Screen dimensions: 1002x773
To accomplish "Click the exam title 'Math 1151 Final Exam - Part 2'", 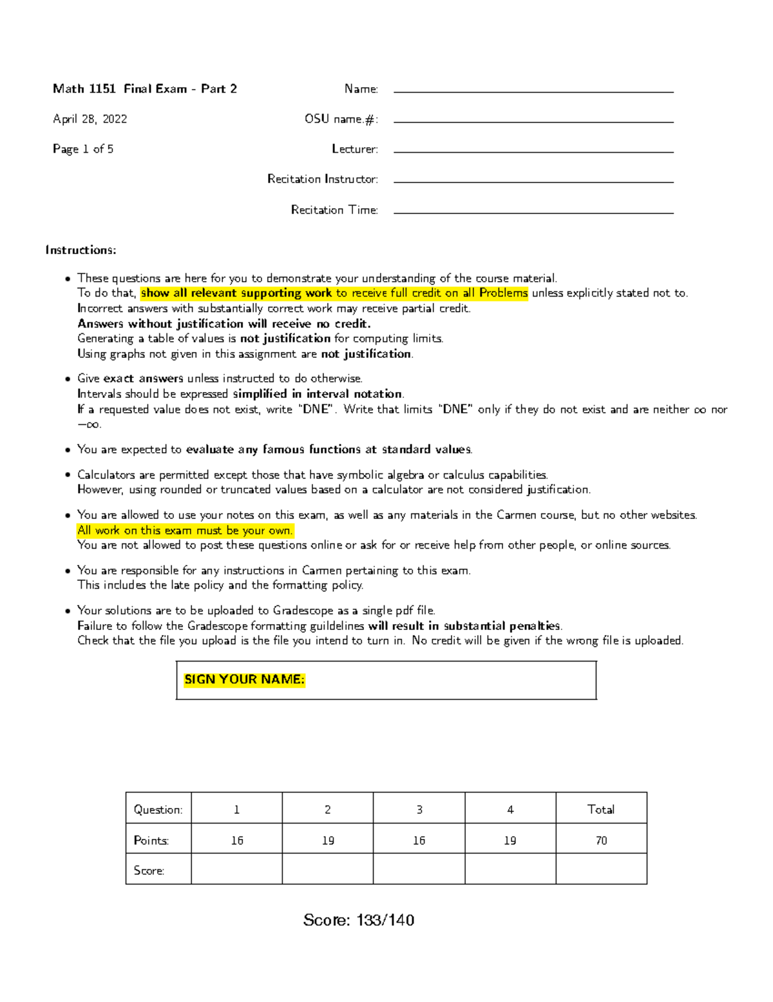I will pos(145,89).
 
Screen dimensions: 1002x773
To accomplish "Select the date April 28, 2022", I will pos(90,119).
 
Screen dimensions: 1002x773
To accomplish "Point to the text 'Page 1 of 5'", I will pos(83,149).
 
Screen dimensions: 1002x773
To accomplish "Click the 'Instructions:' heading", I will pos(81,250).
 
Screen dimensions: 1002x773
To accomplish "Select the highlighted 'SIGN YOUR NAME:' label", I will pos(244,680).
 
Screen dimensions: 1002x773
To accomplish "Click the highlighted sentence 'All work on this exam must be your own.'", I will pos(185,530).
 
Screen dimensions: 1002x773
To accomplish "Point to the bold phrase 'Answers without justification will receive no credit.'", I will pos(224,324).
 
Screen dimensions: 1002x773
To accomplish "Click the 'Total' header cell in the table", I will pos(600,809).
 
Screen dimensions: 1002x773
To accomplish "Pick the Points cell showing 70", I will pos(600,840).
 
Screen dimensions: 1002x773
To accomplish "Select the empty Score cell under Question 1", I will pos(236,869).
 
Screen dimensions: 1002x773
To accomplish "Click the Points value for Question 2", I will pos(328,840).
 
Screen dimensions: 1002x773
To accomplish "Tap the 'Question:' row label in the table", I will pos(158,809).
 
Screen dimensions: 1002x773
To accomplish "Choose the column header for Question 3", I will pos(419,809).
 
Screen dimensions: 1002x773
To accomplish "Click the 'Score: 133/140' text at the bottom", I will pos(359,920).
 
